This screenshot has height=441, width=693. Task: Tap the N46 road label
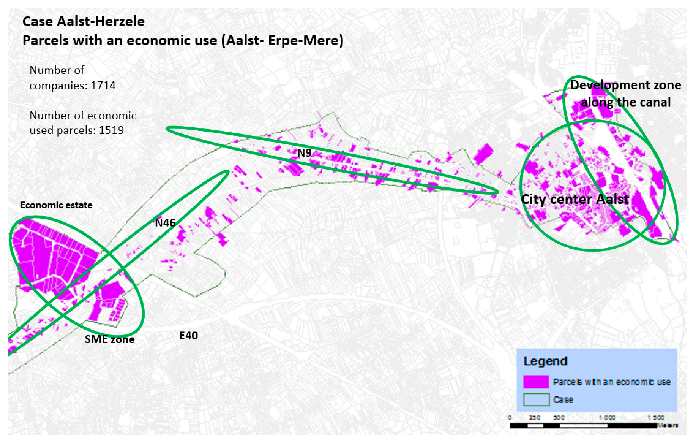click(x=165, y=223)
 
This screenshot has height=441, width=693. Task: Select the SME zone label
click(x=110, y=339)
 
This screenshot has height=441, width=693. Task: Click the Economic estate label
click(x=56, y=205)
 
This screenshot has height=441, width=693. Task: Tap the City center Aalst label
click(x=575, y=199)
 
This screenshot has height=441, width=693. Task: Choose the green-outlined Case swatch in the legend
click(x=536, y=400)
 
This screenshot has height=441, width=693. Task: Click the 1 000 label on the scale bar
click(x=607, y=418)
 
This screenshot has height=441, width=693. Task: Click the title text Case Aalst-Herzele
click(x=83, y=22)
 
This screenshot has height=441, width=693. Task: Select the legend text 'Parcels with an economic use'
click(x=612, y=382)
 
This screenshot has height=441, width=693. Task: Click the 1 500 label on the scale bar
click(x=656, y=418)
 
